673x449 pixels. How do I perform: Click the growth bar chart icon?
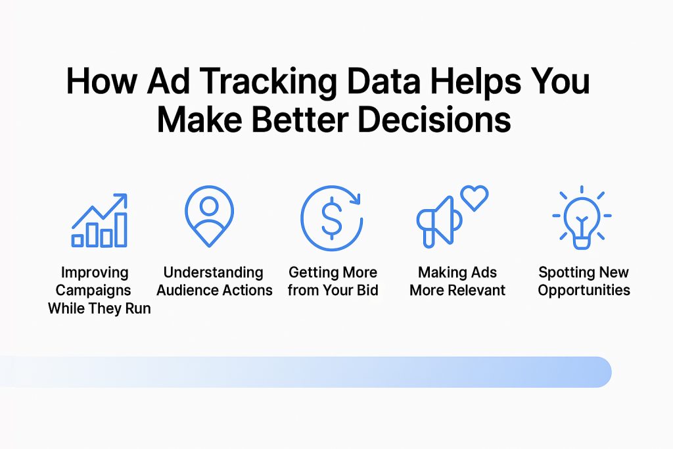coord(100,220)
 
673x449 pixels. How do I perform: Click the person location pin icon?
coord(209,216)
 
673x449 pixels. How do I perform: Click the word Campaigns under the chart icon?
coord(93,290)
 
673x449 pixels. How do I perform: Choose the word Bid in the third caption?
coord(365,290)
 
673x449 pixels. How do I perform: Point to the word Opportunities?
coord(584,290)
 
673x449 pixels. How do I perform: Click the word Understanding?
coord(213,272)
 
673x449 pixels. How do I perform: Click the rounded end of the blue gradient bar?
coord(601,371)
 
